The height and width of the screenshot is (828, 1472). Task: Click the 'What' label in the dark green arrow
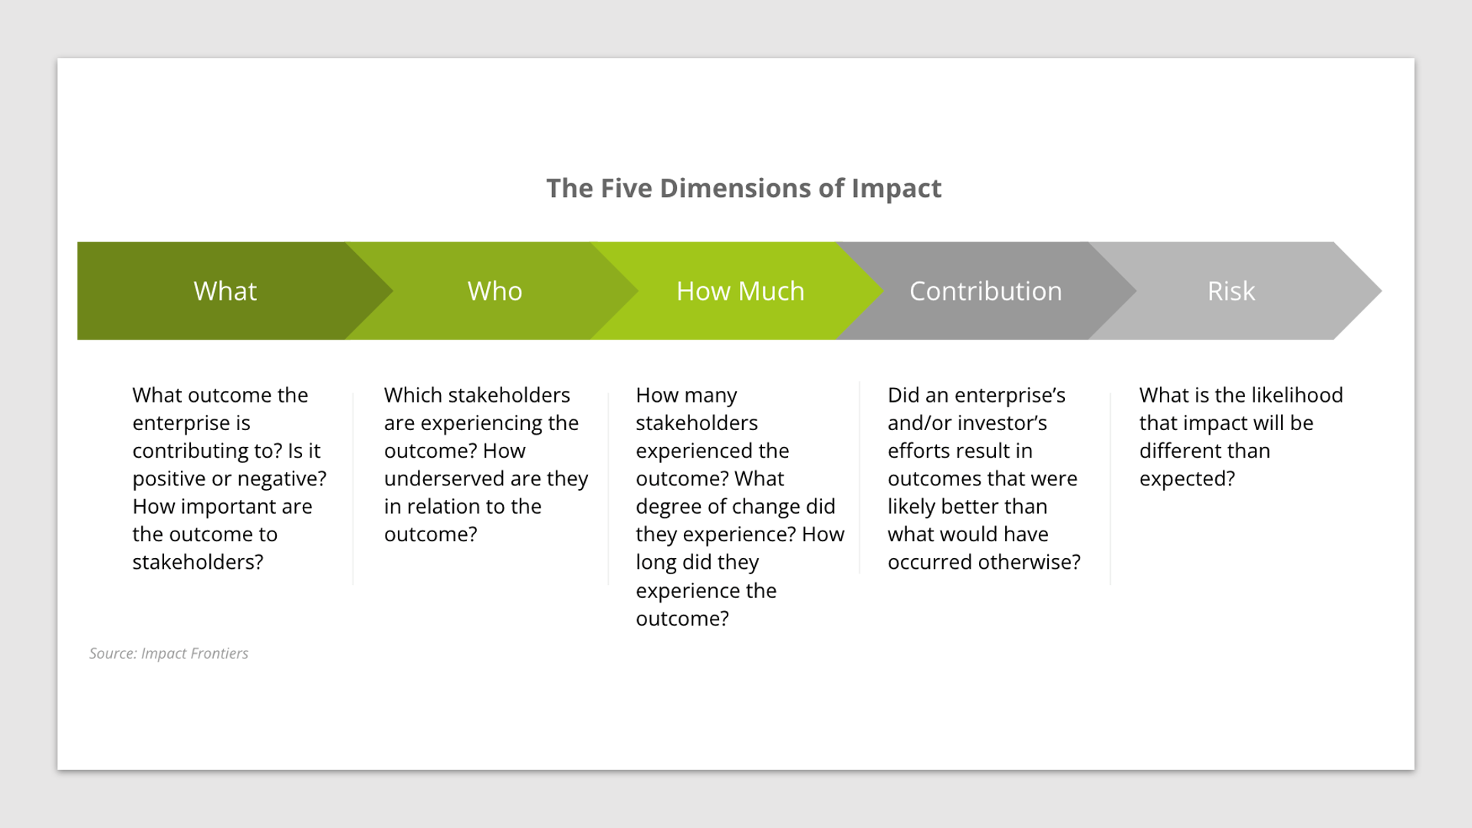click(x=225, y=291)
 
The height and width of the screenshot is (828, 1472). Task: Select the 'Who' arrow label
click(x=495, y=291)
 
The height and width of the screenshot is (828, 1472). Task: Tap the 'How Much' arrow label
click(x=740, y=291)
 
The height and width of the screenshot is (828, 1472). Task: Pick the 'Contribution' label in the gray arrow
click(x=985, y=291)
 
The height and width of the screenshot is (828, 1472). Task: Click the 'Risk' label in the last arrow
click(x=1230, y=291)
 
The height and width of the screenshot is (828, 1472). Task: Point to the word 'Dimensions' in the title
click(x=734, y=189)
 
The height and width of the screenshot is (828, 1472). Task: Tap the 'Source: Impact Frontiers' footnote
click(x=169, y=653)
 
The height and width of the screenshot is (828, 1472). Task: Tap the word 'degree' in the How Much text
click(x=669, y=507)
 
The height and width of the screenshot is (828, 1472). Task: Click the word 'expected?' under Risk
click(x=1187, y=479)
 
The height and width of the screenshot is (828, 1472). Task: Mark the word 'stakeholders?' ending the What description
click(x=198, y=563)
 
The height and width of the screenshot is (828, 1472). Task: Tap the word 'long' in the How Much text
click(x=655, y=563)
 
